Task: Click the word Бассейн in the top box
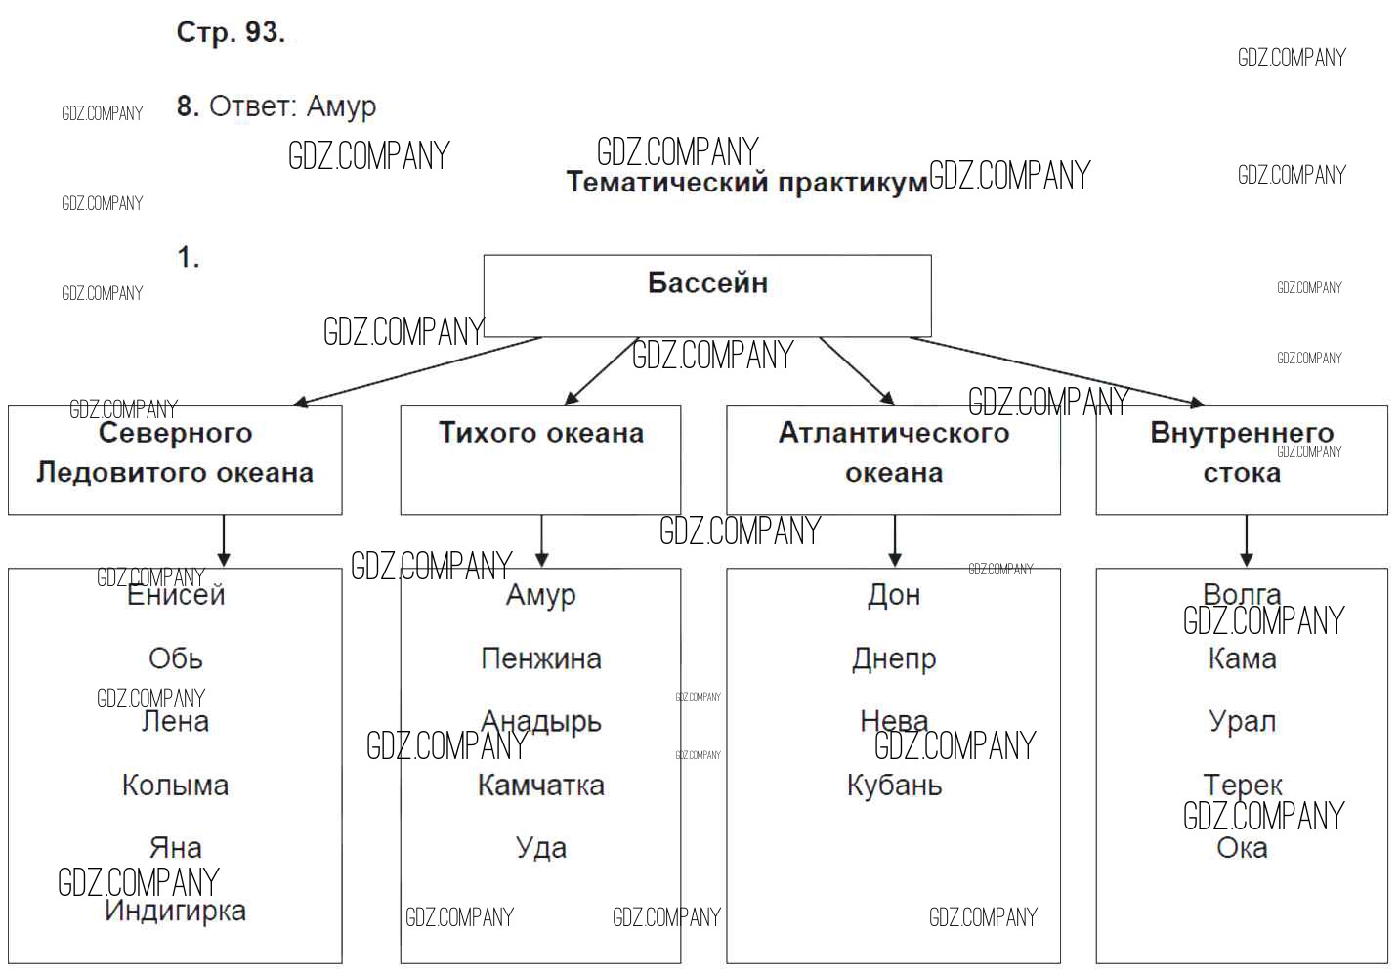(x=707, y=283)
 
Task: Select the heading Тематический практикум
(x=746, y=183)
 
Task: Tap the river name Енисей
(x=176, y=594)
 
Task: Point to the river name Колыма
(x=175, y=785)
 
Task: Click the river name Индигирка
(x=175, y=911)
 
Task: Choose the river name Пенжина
(x=540, y=658)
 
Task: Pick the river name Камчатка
(x=540, y=785)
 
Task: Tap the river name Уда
(x=540, y=847)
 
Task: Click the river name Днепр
(x=894, y=658)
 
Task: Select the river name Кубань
(x=894, y=785)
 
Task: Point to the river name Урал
(x=1242, y=721)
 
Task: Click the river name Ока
(x=1242, y=847)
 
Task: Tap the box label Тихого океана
(x=540, y=433)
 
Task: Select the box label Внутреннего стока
(x=1242, y=452)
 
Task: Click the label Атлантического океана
(x=894, y=452)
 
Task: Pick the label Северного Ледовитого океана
(x=175, y=452)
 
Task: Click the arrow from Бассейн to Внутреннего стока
(x=1055, y=370)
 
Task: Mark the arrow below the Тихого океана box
(x=541, y=540)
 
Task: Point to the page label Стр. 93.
(x=231, y=32)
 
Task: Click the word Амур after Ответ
(x=341, y=106)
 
